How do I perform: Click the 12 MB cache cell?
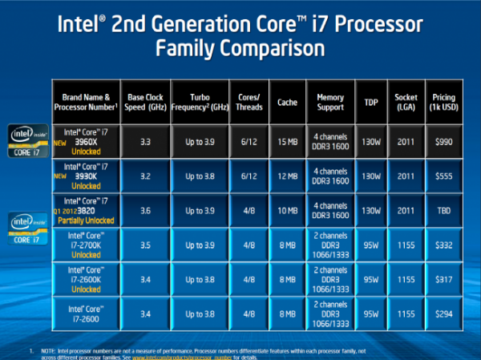287,175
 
